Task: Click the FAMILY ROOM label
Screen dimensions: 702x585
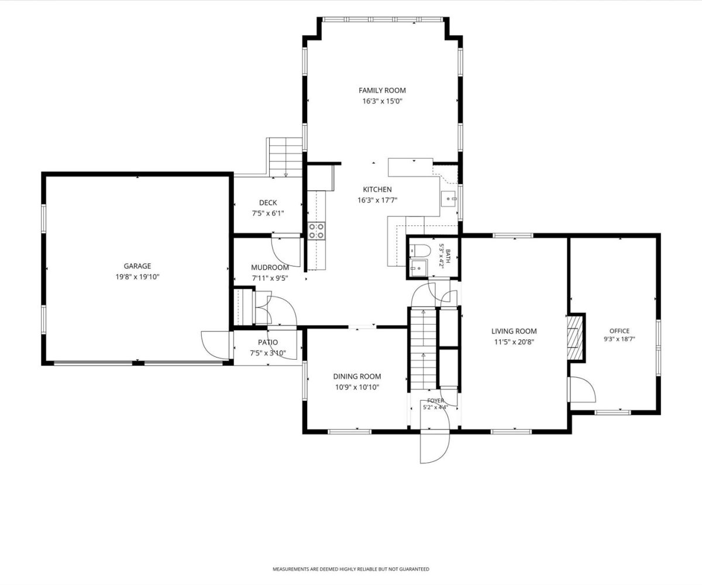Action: click(x=382, y=90)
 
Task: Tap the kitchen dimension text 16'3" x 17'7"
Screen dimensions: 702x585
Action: click(x=377, y=201)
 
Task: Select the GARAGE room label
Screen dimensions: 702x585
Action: click(x=137, y=266)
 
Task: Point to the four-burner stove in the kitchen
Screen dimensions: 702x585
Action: click(x=316, y=230)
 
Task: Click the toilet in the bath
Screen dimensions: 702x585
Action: click(x=420, y=250)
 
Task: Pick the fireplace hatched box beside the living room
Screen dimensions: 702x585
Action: click(x=575, y=337)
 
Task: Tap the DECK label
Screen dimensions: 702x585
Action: click(x=268, y=203)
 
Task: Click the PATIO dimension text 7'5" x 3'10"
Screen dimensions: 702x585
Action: click(x=268, y=353)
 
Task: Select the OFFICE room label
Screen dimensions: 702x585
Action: click(x=620, y=331)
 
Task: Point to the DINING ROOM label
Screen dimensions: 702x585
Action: click(x=357, y=376)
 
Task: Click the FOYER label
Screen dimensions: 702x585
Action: click(x=435, y=400)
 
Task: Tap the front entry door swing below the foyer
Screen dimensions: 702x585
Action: click(x=435, y=446)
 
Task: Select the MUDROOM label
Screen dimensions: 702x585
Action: click(x=270, y=267)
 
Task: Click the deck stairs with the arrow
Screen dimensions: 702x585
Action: click(x=285, y=157)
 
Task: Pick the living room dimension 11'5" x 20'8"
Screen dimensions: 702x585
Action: click(x=514, y=342)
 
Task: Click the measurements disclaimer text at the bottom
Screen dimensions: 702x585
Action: click(x=350, y=569)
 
